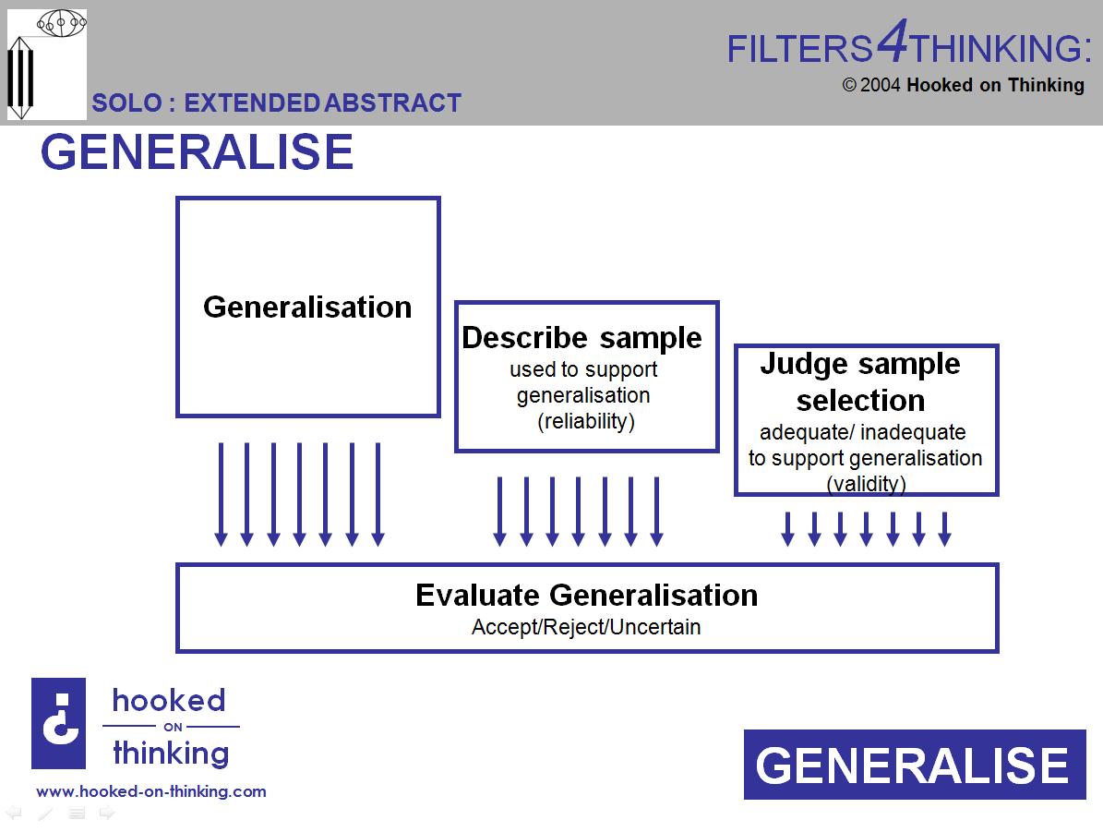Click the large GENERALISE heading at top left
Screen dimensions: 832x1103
coord(197,152)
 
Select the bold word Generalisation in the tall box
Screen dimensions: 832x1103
coord(307,307)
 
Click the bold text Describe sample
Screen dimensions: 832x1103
coord(581,338)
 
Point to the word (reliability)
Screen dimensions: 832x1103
coord(586,421)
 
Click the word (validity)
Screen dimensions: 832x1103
coord(866,483)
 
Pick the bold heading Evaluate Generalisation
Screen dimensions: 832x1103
coord(586,595)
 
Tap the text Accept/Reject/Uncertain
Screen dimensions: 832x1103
coord(586,627)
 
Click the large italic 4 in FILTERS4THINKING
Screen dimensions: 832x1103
coord(892,42)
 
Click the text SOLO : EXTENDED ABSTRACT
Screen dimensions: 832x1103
coord(276,102)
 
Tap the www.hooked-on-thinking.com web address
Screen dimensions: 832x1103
coord(151,791)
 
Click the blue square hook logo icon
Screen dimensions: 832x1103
coord(58,724)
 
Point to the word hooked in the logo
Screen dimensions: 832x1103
coord(169,700)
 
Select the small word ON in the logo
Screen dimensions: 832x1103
coord(173,727)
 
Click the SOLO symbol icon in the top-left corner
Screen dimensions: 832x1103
coord(47,65)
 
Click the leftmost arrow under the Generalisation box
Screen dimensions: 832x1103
coord(221,495)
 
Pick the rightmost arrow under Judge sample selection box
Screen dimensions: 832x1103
coord(944,528)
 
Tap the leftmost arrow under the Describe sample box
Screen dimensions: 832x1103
coord(499,512)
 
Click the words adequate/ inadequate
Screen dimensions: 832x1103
coord(862,432)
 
